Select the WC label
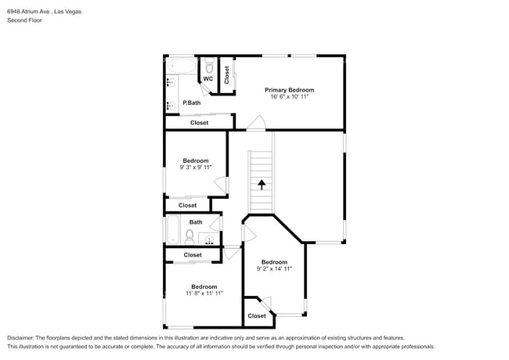point(208,79)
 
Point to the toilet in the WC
point(208,66)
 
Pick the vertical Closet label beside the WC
point(227,75)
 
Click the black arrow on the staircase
point(261,185)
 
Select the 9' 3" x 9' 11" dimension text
point(195,167)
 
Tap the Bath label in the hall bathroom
point(195,222)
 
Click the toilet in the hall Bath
point(190,235)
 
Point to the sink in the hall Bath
point(209,239)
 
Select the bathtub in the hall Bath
point(173,231)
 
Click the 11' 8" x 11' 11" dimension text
point(204,293)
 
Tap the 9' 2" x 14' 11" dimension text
point(274,268)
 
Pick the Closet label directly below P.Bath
point(199,123)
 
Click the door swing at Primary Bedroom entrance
point(255,123)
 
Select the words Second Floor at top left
point(24,20)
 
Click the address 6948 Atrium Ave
point(30,12)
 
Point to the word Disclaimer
point(22,338)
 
